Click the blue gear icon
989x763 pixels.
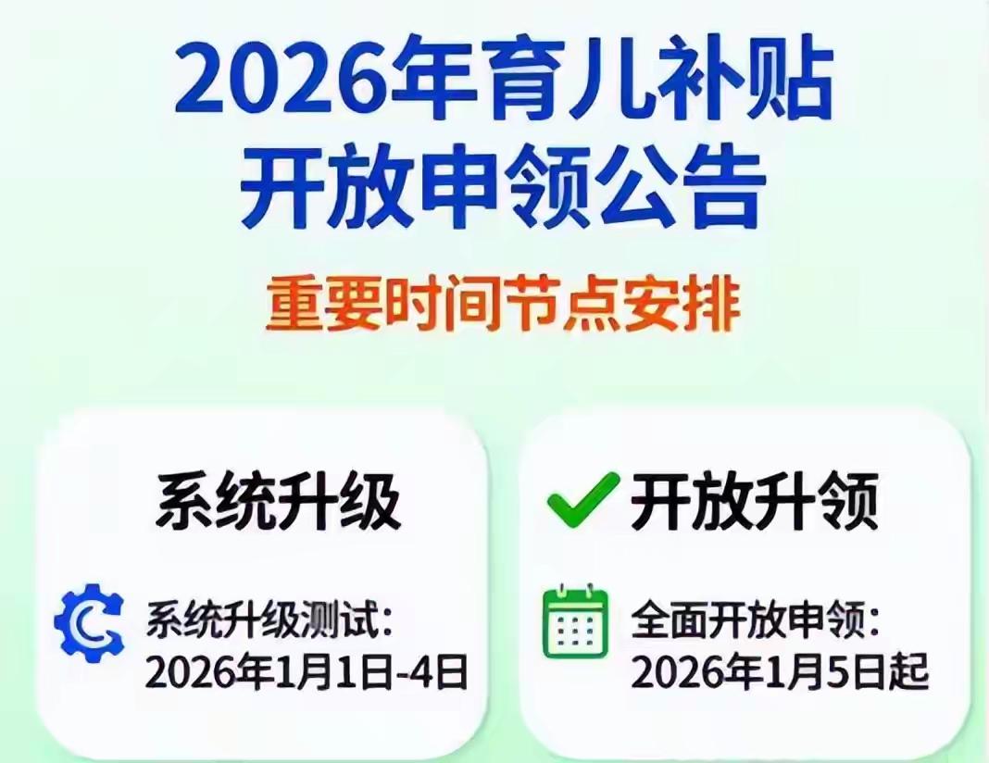point(89,621)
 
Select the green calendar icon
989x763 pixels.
point(575,621)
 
